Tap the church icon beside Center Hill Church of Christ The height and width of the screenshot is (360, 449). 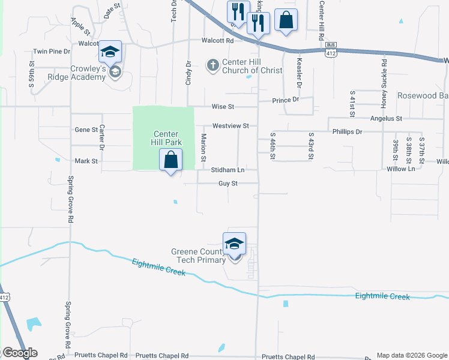point(212,65)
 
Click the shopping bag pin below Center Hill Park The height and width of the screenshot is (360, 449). point(171,160)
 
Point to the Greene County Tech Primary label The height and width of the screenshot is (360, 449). point(197,256)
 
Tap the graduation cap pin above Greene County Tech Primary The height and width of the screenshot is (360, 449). point(234,243)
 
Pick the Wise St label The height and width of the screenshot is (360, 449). point(221,106)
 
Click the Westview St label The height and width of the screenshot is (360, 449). point(231,126)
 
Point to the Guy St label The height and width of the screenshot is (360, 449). point(228,184)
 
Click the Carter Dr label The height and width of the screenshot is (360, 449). point(102,137)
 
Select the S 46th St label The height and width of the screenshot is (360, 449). point(273,146)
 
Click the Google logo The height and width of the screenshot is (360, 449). point(20,353)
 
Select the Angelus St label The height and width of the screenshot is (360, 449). point(386,119)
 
